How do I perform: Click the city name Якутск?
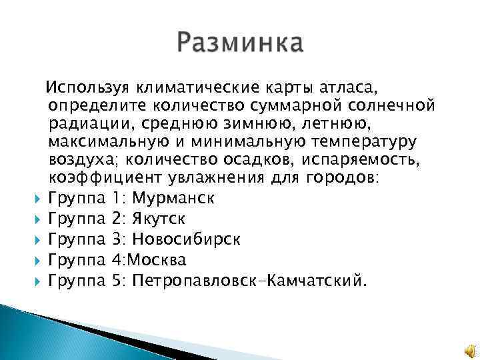[160, 219]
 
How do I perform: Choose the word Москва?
[160, 259]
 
